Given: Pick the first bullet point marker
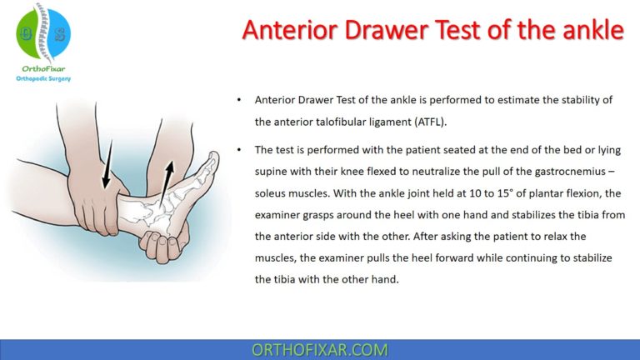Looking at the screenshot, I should point(239,100).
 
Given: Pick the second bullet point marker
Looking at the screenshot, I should point(239,150).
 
